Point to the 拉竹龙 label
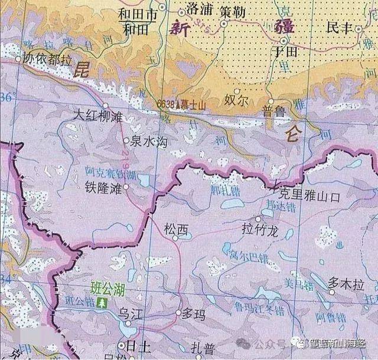(x=259, y=228)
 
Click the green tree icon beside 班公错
(x=103, y=303)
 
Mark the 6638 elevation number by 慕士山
(x=165, y=104)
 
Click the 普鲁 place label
(x=273, y=110)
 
